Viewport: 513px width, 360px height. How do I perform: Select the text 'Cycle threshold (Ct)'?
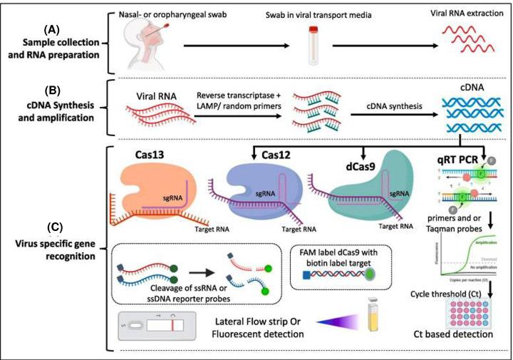(450, 294)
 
